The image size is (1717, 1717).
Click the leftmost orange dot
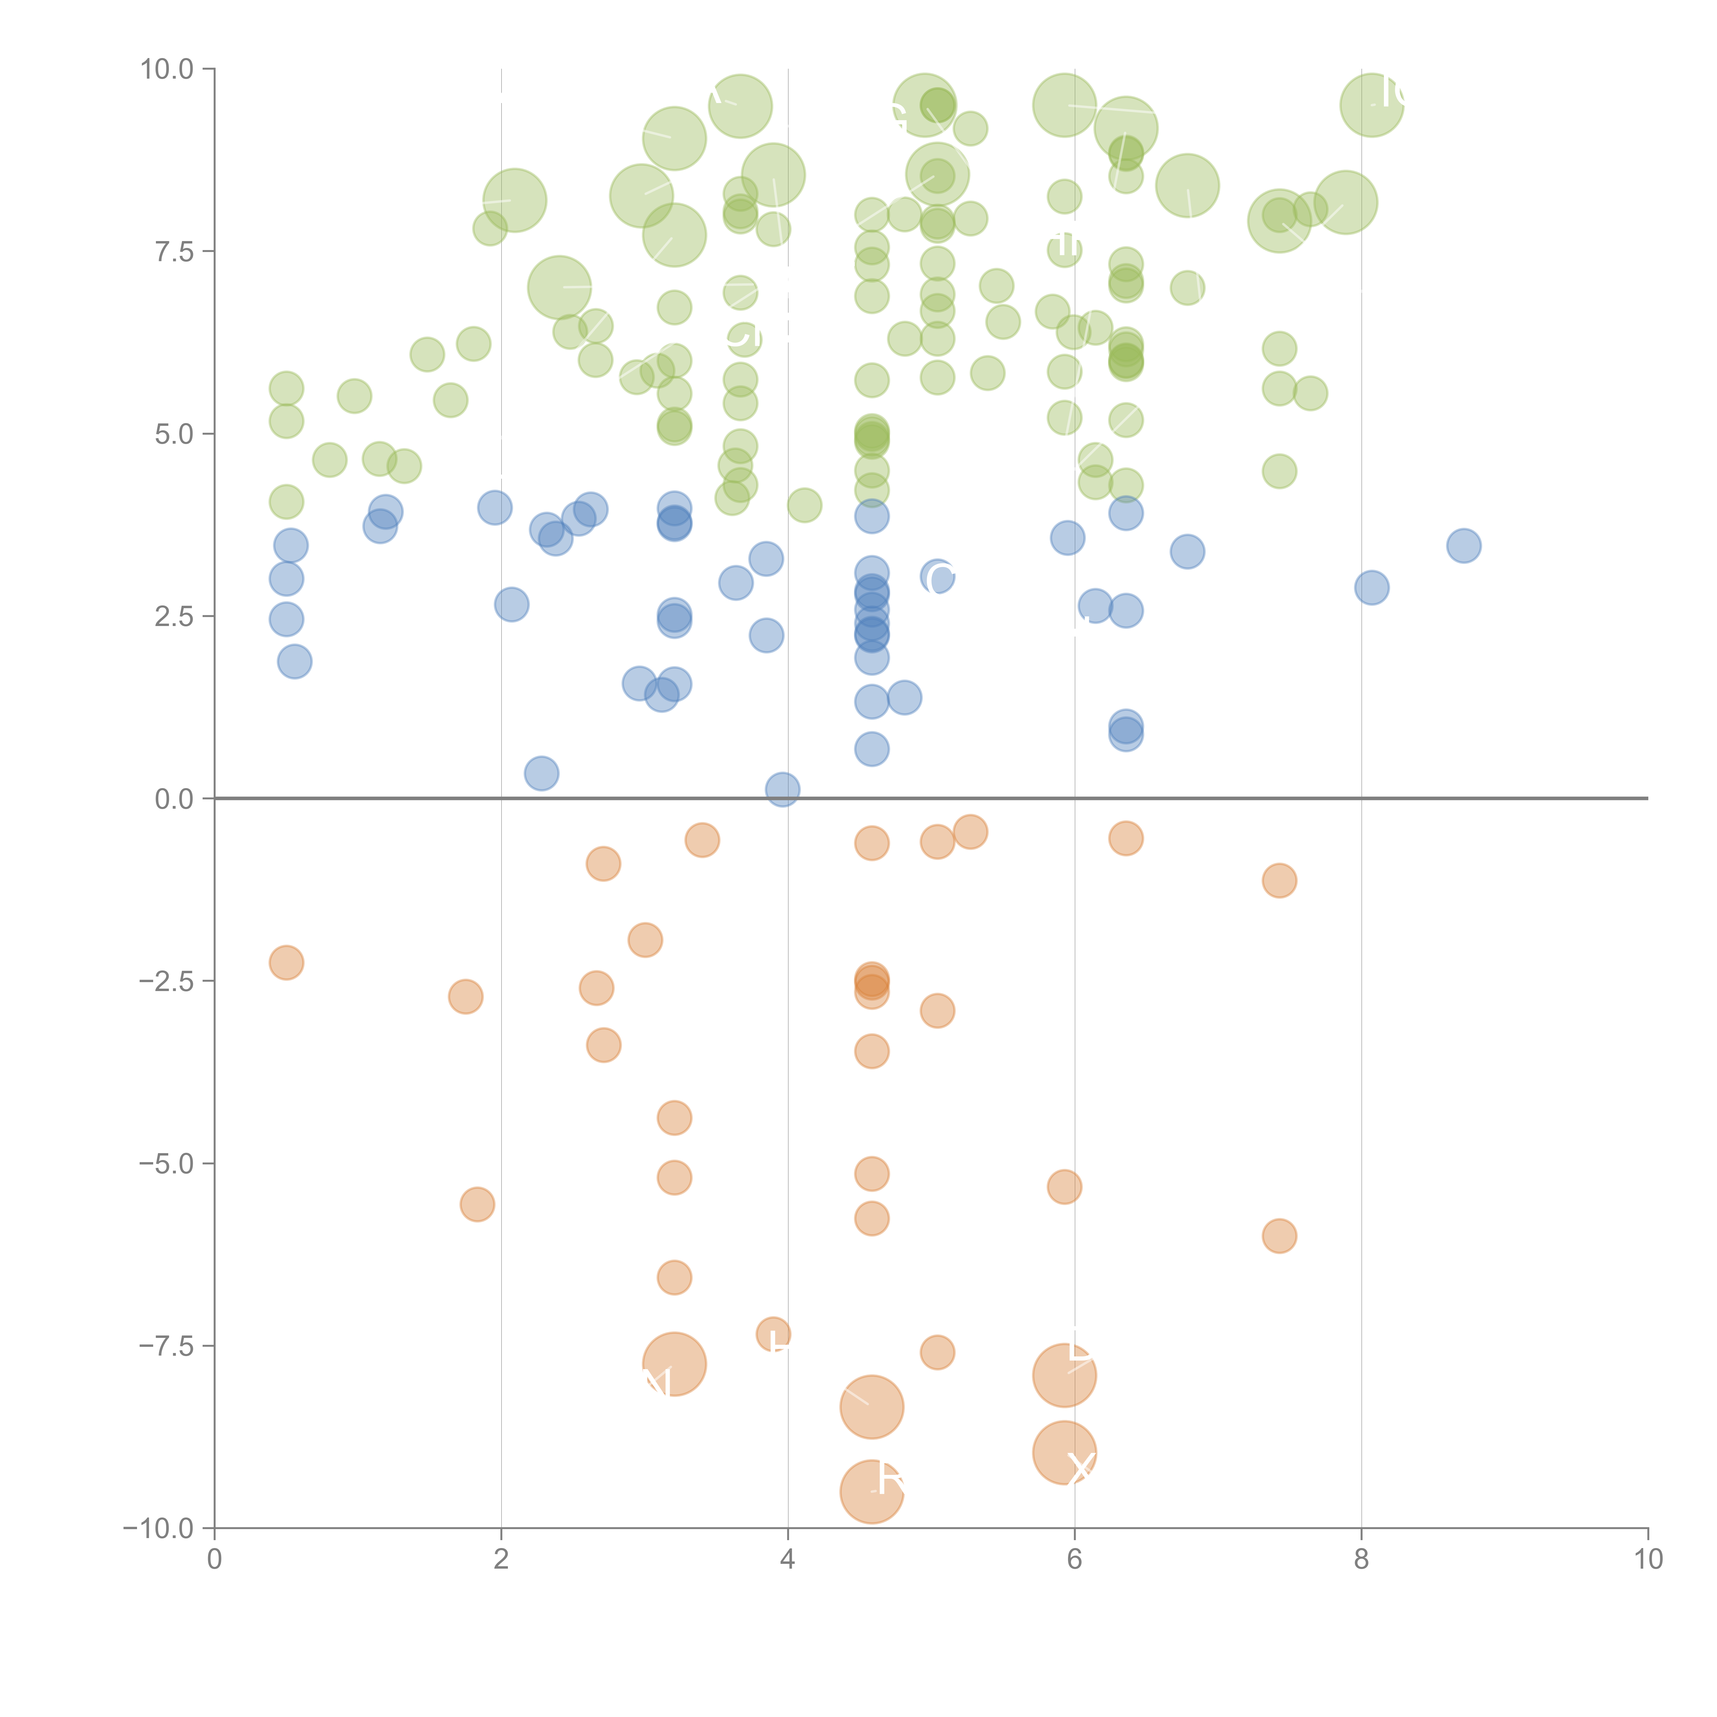click(286, 963)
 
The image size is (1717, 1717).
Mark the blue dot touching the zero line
click(782, 789)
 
